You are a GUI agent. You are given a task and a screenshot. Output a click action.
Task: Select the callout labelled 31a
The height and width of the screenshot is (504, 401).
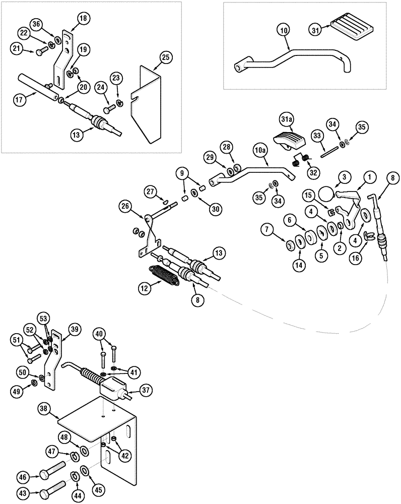tap(286, 119)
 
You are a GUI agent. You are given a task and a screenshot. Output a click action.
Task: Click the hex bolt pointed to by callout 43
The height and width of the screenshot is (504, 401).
tap(54, 489)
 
